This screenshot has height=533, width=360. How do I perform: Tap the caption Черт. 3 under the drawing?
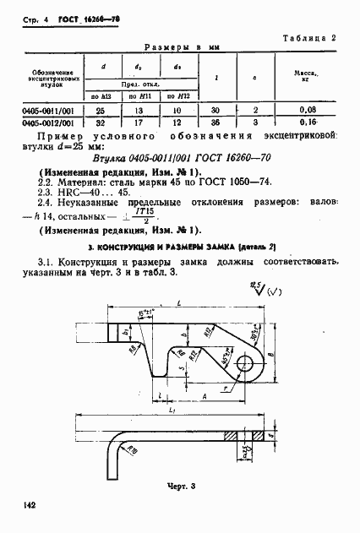[180, 487]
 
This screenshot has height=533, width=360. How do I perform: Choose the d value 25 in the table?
[103, 109]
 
